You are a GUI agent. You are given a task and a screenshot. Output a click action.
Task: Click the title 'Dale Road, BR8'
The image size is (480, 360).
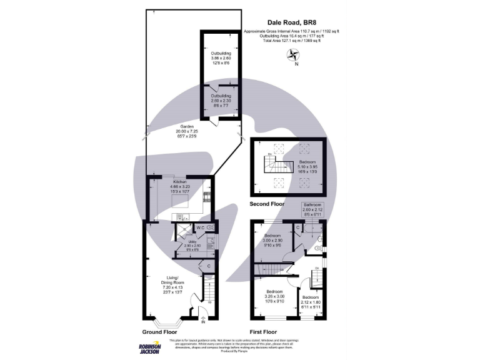294,23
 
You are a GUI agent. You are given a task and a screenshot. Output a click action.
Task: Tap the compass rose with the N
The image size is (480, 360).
294,55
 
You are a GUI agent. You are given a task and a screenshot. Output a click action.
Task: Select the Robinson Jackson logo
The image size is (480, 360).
149,348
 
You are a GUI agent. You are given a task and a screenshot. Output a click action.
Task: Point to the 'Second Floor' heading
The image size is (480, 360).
267,204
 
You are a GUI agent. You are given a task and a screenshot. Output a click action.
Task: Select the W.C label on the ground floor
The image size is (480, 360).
200,227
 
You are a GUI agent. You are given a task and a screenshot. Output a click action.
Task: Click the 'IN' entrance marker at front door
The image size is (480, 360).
202,322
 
